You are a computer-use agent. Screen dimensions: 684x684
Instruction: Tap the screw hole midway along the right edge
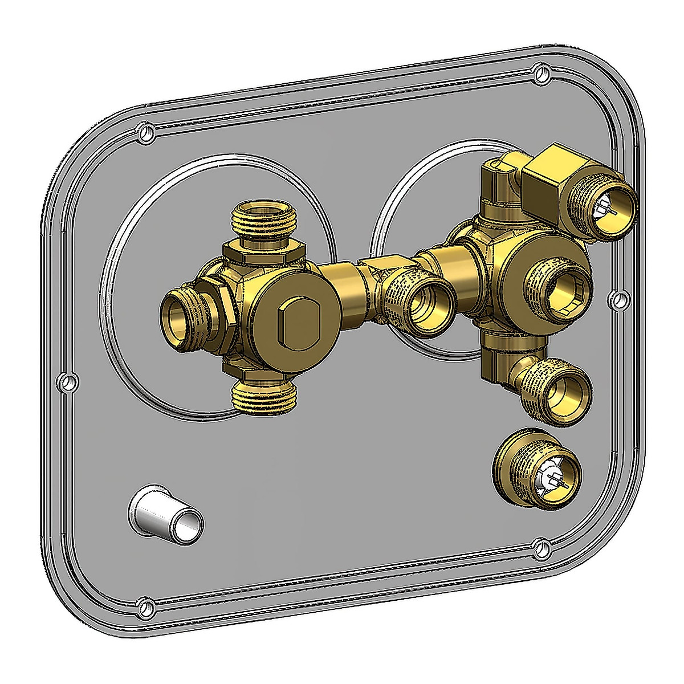click(617, 298)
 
